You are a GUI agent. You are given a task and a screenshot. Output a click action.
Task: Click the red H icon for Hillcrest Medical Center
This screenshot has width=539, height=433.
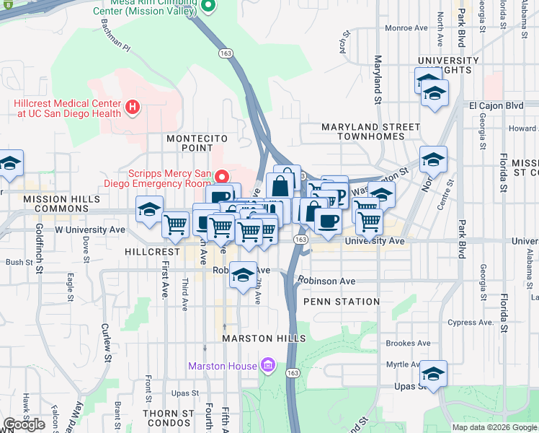click(x=132, y=108)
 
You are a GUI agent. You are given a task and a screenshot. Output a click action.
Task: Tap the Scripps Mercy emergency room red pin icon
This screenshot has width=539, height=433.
click(x=223, y=175)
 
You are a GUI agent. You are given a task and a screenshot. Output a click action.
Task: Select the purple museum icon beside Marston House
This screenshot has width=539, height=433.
click(x=267, y=366)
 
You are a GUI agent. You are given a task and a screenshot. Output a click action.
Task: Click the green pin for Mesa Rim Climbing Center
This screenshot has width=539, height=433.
click(x=208, y=6)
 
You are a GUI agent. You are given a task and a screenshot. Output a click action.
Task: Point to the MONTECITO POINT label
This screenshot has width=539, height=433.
click(x=197, y=138)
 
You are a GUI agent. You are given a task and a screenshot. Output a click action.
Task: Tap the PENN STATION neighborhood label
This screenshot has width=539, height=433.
click(x=342, y=302)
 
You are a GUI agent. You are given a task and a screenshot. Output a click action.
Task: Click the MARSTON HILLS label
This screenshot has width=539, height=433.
click(x=264, y=338)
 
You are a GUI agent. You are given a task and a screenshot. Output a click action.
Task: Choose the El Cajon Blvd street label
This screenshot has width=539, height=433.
click(x=496, y=105)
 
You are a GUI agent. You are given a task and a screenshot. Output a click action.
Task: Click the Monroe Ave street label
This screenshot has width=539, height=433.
click(x=406, y=28)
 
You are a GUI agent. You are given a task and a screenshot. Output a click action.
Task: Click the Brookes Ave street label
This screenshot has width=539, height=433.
click(x=407, y=344)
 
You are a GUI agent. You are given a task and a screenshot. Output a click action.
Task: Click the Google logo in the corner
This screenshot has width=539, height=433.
click(x=24, y=424)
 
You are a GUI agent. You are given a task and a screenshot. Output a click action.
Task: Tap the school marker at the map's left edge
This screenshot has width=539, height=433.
click(x=10, y=165)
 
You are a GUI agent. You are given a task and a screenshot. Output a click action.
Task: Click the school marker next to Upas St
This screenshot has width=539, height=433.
click(x=434, y=375)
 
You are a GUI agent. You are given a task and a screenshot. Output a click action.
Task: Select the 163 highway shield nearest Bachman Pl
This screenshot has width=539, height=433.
click(x=225, y=53)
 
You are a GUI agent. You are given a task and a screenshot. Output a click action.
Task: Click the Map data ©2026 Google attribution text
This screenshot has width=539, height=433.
click(x=494, y=427)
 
